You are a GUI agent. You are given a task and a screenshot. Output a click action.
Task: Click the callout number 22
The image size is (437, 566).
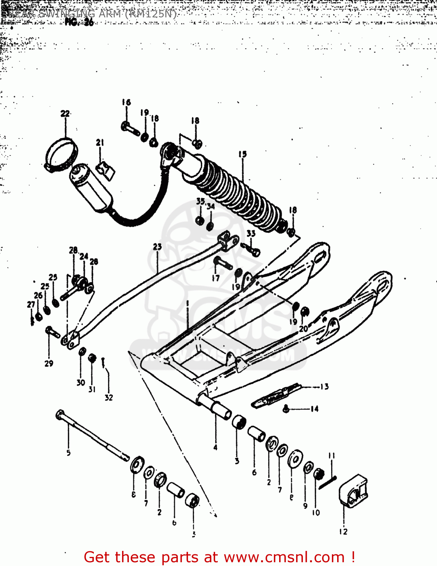click(65, 114)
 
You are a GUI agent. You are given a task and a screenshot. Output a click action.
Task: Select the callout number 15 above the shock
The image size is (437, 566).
click(242, 154)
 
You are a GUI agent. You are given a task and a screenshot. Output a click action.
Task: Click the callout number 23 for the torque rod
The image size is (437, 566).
click(157, 247)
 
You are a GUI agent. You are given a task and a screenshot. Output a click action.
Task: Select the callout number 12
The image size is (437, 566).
click(343, 532)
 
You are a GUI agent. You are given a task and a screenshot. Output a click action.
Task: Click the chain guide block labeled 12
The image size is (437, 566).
click(352, 490)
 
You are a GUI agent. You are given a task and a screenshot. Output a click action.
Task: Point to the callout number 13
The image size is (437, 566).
click(324, 387)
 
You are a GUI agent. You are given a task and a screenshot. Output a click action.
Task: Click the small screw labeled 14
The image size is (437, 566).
click(286, 408)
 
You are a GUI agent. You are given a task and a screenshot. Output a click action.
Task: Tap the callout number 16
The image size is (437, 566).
click(126, 102)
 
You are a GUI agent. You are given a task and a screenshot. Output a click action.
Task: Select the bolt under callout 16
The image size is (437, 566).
click(130, 129)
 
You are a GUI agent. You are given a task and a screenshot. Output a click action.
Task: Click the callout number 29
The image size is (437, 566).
click(49, 363)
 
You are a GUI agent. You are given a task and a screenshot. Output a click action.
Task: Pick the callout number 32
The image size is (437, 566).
click(108, 397)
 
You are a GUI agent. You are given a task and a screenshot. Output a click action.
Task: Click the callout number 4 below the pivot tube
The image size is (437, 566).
click(215, 448)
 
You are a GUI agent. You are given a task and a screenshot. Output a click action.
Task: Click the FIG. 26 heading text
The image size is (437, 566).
click(79, 22)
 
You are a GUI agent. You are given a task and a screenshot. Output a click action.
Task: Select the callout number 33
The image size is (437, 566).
click(251, 234)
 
